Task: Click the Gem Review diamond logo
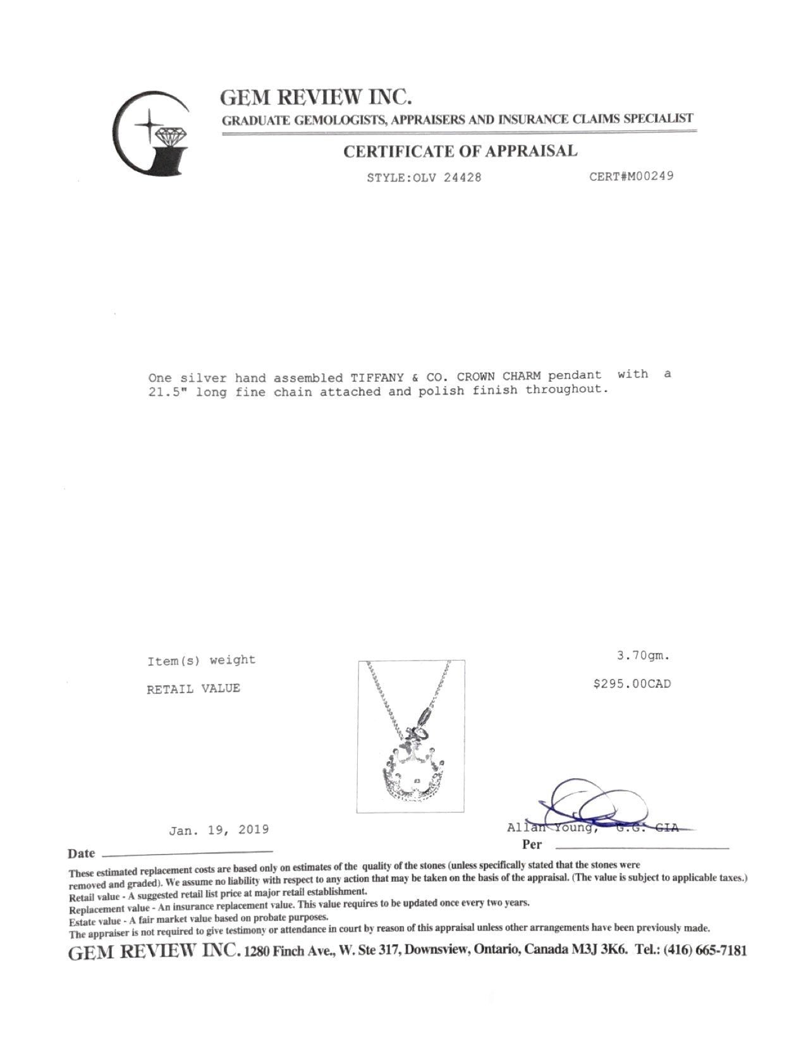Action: (x=152, y=131)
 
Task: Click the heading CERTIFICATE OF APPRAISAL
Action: (x=460, y=152)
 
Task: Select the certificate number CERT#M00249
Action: (x=631, y=176)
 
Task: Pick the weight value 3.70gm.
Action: (x=643, y=656)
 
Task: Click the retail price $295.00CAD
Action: (x=632, y=684)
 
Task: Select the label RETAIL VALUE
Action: (x=193, y=689)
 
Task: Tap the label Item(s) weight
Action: (x=201, y=661)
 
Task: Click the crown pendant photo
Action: (x=411, y=736)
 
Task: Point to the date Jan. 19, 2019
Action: (x=219, y=830)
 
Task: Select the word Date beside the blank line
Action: (x=82, y=853)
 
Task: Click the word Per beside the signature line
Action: (x=532, y=845)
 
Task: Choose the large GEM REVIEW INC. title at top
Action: (x=316, y=97)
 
